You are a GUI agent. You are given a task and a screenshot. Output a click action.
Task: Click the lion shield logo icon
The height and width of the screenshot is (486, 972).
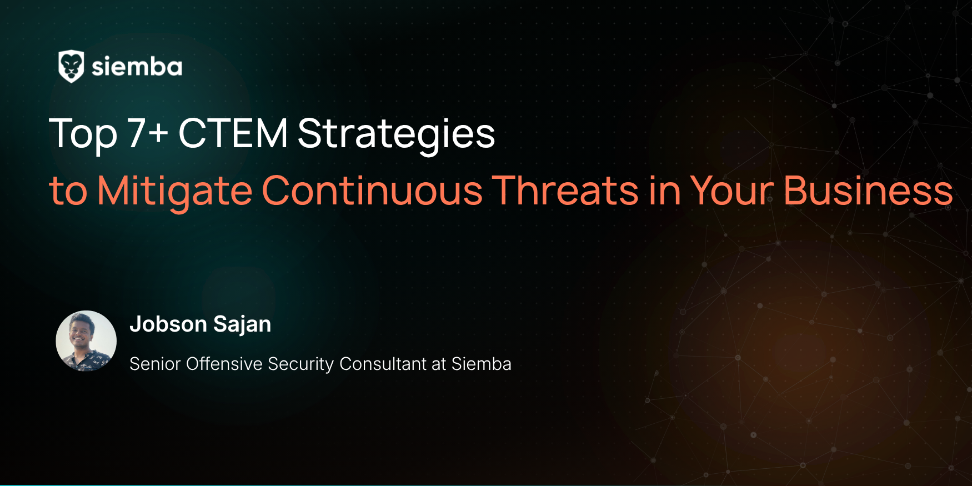click(71, 67)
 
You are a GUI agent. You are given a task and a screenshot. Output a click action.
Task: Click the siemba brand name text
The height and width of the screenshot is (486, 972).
click(137, 67)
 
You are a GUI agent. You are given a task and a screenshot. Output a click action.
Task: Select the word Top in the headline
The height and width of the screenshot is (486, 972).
click(83, 134)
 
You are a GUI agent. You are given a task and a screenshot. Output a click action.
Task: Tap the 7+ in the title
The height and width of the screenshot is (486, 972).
click(148, 133)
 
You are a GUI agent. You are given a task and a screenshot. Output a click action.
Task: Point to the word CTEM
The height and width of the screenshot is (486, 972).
click(233, 133)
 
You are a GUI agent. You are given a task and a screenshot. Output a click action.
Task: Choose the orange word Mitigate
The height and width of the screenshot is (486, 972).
click(175, 191)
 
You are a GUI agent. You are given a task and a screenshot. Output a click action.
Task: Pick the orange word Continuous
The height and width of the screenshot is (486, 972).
click(372, 191)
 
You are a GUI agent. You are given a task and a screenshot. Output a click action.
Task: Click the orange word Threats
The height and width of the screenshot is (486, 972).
click(565, 191)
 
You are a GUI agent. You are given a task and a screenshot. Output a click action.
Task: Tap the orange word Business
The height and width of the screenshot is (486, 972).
click(868, 191)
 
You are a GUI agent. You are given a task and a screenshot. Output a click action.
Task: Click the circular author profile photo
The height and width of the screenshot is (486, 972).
click(86, 341)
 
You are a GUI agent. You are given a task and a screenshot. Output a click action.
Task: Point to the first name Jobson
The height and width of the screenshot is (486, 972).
click(168, 324)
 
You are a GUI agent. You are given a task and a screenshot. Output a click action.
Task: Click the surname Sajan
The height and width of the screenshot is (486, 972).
click(242, 324)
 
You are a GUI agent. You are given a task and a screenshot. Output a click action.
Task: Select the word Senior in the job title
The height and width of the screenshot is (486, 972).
click(155, 364)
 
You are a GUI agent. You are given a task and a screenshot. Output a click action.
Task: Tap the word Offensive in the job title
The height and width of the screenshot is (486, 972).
click(224, 364)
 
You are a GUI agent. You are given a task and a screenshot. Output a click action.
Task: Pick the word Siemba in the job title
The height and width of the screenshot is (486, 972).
click(481, 364)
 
